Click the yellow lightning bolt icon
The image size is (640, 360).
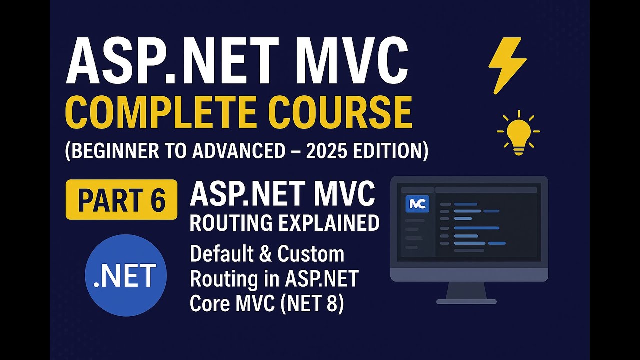tap(507, 65)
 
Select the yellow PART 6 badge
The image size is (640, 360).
tap(121, 199)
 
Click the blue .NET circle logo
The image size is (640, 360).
tap(125, 276)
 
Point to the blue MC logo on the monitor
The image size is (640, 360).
tap(417, 204)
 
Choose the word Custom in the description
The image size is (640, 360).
tap(311, 254)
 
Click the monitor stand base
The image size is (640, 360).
tap(466, 301)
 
